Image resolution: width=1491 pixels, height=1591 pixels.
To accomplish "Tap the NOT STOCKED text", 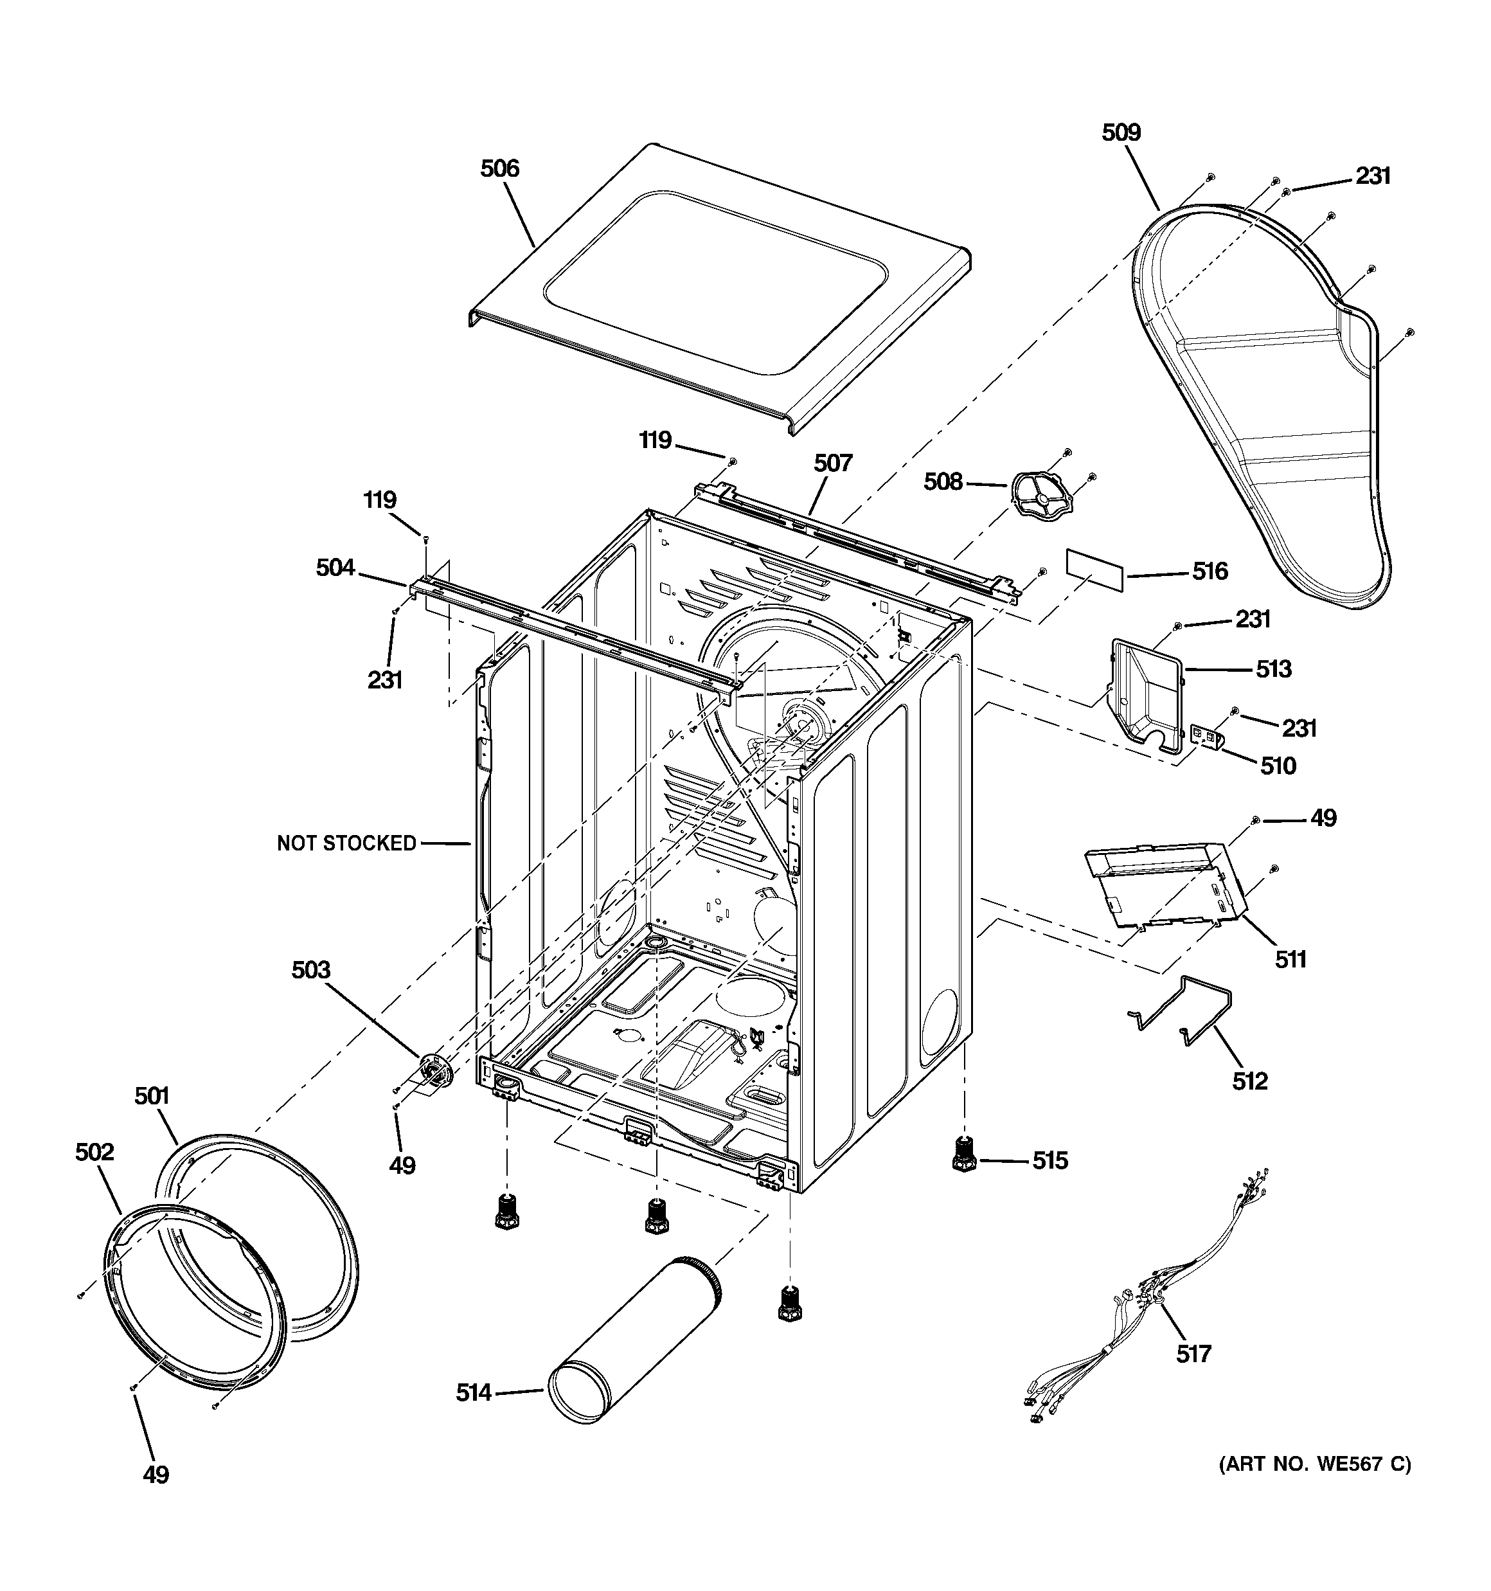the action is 346,843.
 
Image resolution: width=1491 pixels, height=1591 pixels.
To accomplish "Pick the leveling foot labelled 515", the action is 965,1158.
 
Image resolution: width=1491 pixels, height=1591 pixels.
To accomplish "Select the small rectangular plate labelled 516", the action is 1094,569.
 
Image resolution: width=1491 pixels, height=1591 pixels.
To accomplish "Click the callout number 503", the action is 310,970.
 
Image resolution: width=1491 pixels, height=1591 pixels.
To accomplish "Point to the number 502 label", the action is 94,1152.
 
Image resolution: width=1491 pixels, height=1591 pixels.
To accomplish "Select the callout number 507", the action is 833,463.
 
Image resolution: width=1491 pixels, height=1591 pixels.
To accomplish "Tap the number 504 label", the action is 335,568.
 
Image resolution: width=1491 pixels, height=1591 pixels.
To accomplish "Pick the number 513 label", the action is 1272,669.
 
